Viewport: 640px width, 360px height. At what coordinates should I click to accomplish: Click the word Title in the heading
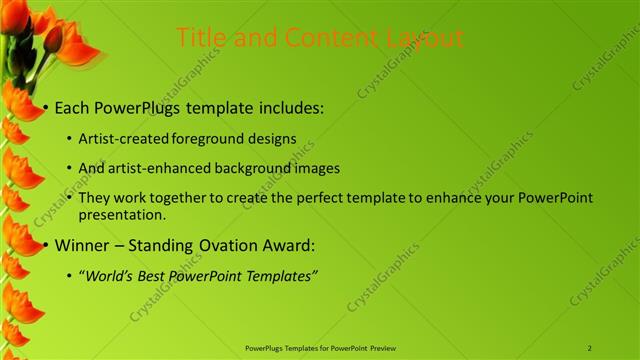(199, 38)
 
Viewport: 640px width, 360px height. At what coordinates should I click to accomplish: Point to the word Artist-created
(123, 139)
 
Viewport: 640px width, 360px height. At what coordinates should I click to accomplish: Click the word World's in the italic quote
(109, 275)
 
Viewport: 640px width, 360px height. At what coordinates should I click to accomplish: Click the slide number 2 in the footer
(590, 348)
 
